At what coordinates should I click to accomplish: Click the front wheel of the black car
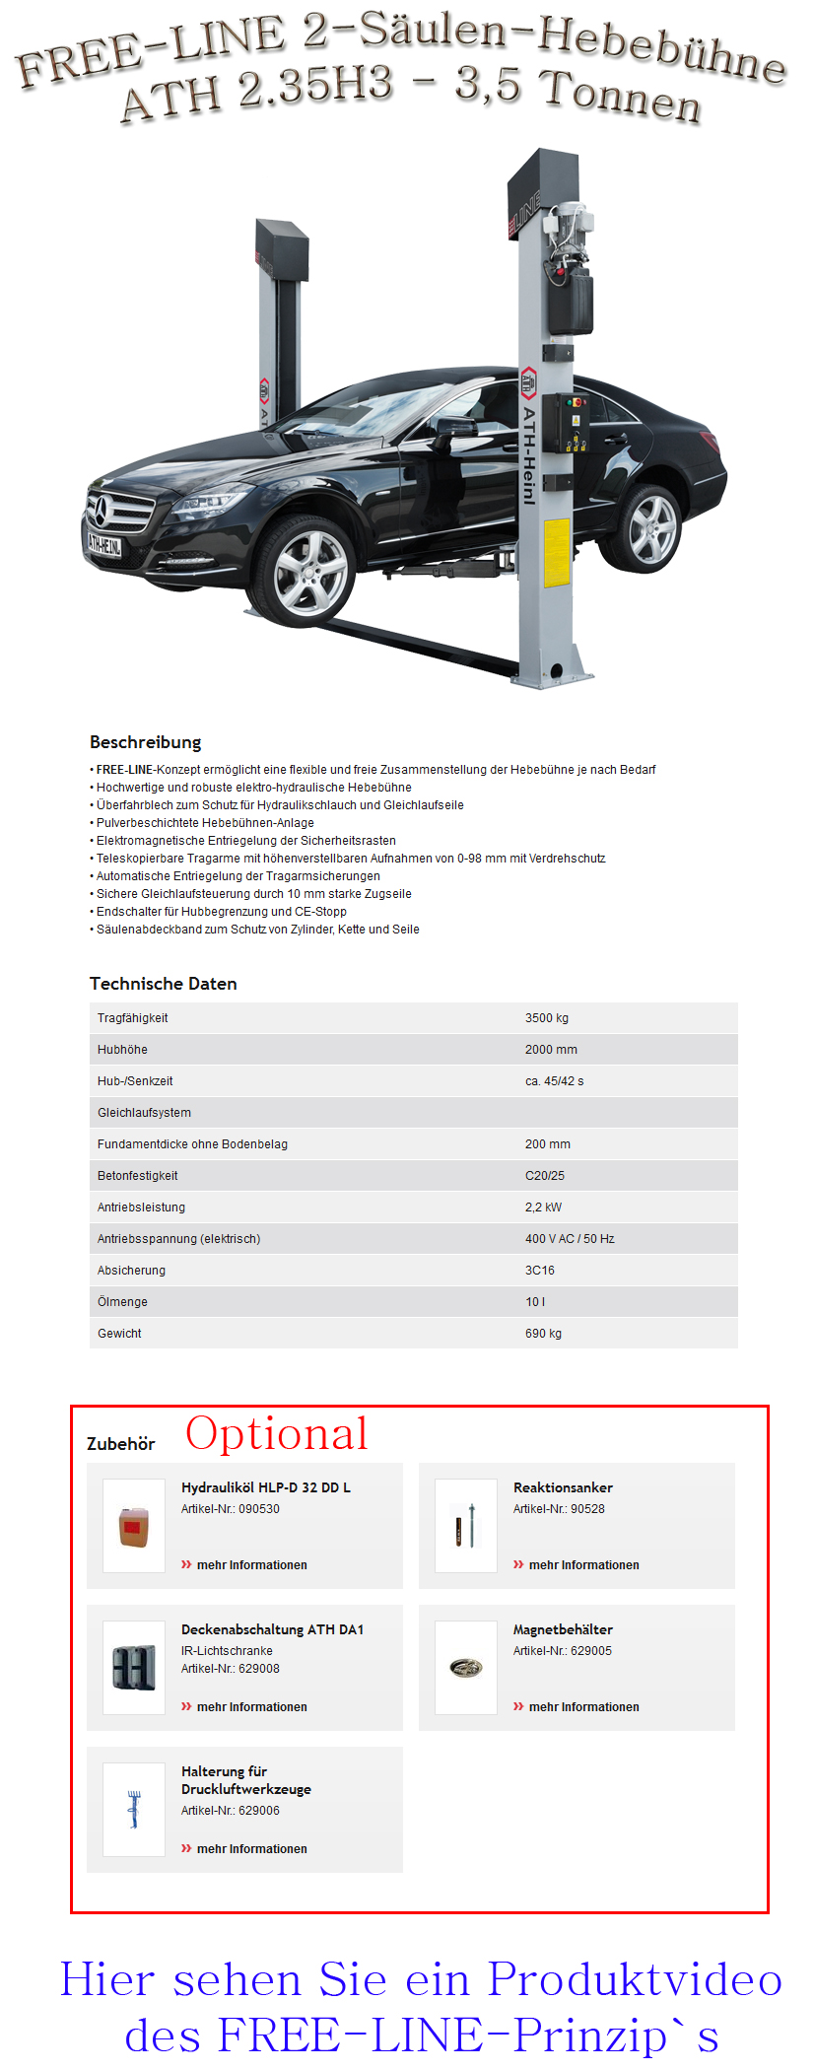310,572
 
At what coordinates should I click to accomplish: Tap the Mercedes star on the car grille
101,511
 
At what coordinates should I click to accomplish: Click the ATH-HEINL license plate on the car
103,544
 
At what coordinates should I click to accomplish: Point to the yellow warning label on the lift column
557,552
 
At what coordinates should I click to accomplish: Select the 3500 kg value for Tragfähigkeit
546,1018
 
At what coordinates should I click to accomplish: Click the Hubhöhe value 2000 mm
551,1050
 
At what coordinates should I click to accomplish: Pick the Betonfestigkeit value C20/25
544,1176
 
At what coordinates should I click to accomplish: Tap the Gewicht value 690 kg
543,1334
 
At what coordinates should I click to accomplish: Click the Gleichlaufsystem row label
144,1113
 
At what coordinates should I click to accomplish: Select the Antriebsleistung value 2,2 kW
543,1207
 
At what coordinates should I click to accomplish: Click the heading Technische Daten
163,984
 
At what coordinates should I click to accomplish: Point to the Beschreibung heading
145,742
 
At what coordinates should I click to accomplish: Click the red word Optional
276,1433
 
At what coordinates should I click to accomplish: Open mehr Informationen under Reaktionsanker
583,1565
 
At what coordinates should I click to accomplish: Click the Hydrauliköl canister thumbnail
134,1526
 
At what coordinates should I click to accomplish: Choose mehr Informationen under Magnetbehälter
583,1707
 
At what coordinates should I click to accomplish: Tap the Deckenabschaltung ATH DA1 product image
134,1668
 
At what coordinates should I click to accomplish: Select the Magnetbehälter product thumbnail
466,1668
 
